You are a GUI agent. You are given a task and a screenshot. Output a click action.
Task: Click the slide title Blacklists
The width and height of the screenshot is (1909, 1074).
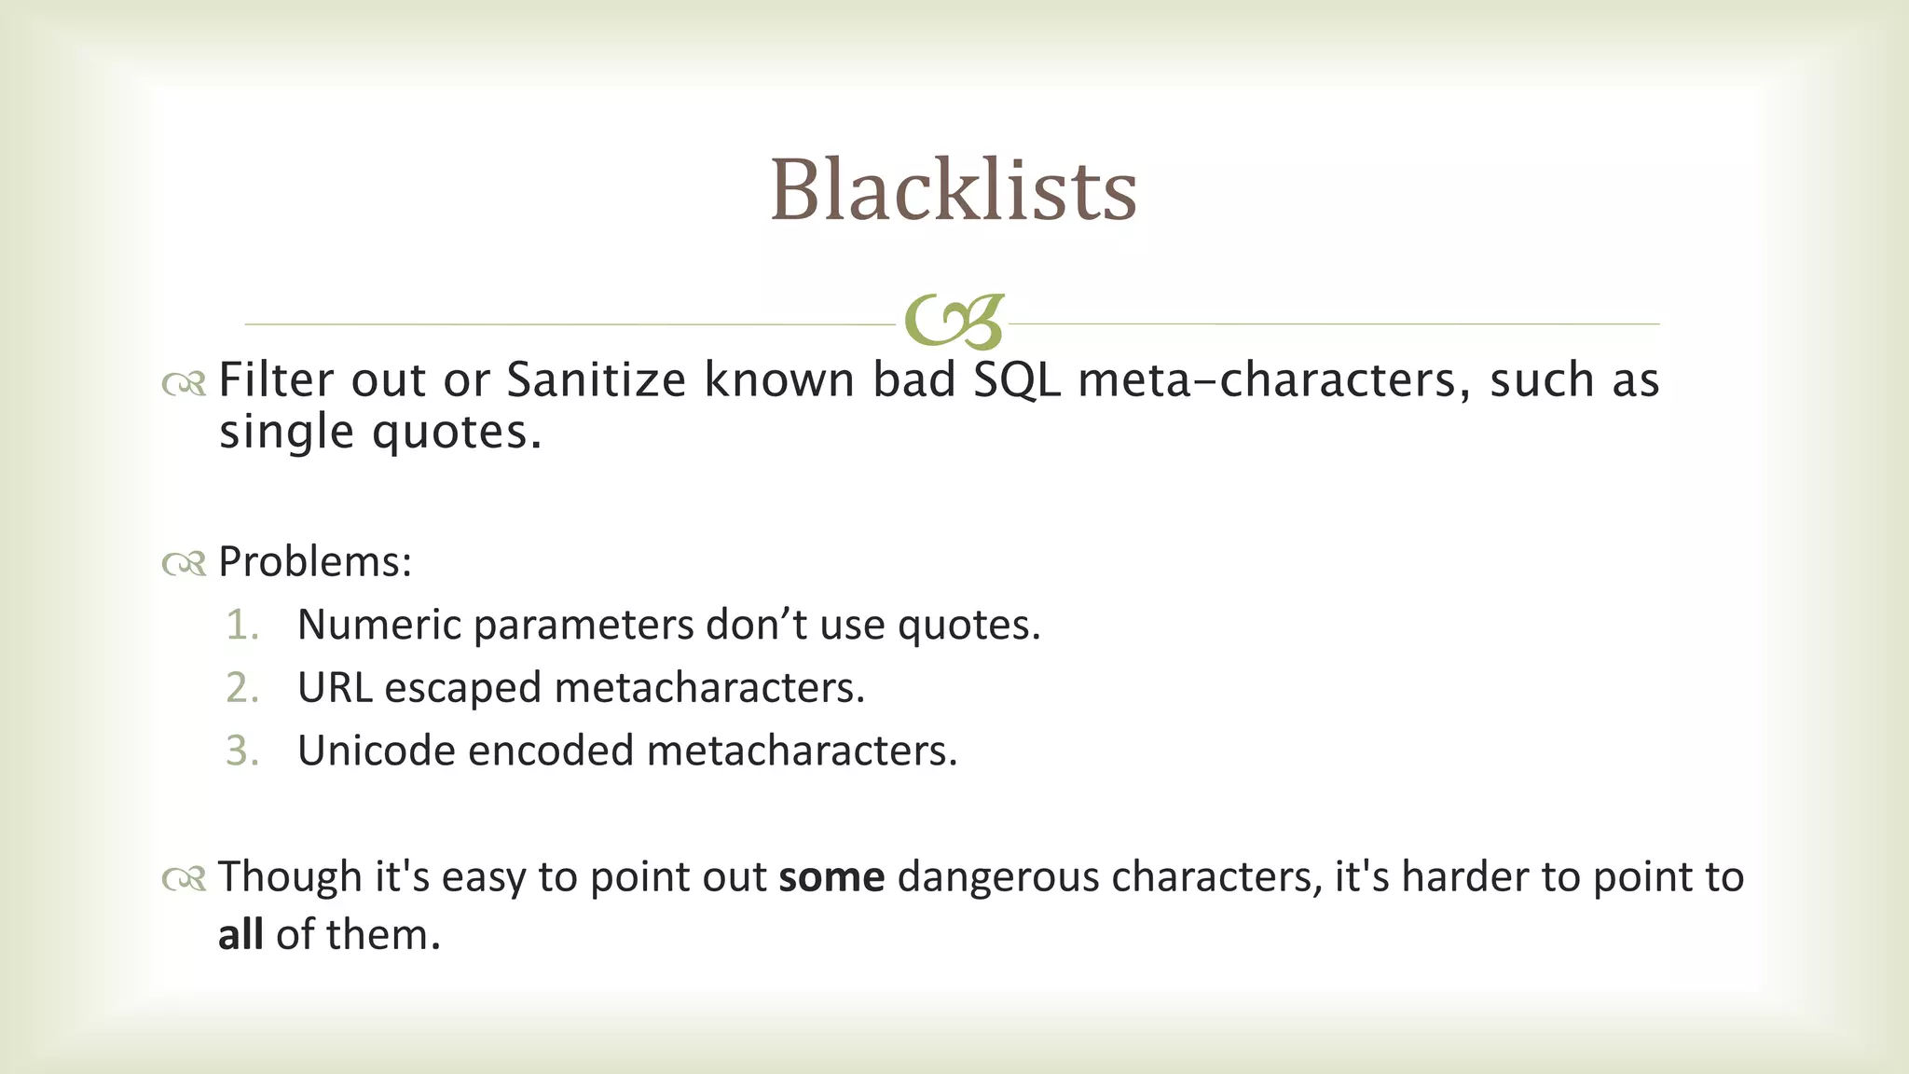pyautogui.click(x=953, y=190)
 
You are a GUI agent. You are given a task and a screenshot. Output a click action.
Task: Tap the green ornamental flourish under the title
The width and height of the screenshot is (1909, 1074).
pyautogui.click(x=954, y=323)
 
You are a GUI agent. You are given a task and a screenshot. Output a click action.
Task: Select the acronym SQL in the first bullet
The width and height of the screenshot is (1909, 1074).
pyautogui.click(x=1016, y=380)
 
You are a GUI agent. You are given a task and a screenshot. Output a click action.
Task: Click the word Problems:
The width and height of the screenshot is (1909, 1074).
pyautogui.click(x=315, y=562)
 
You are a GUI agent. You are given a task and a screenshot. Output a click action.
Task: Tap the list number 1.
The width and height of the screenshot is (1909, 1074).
pyautogui.click(x=241, y=626)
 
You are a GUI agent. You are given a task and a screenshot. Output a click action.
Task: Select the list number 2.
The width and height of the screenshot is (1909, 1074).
pyautogui.click(x=241, y=688)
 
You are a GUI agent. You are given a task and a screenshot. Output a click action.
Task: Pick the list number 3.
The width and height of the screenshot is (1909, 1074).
pyautogui.click(x=241, y=751)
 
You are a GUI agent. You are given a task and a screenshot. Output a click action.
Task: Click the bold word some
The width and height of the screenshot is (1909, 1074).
pyautogui.click(x=831, y=877)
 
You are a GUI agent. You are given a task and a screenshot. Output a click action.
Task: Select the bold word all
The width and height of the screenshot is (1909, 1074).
pyautogui.click(x=240, y=935)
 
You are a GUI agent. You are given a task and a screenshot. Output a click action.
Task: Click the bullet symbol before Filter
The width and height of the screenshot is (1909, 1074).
pyautogui.click(x=184, y=383)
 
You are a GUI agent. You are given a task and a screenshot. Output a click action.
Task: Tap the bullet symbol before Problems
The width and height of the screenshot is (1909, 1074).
pyautogui.click(x=184, y=564)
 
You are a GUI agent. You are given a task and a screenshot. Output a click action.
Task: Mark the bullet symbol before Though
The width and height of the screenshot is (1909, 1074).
pyautogui.click(x=184, y=879)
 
